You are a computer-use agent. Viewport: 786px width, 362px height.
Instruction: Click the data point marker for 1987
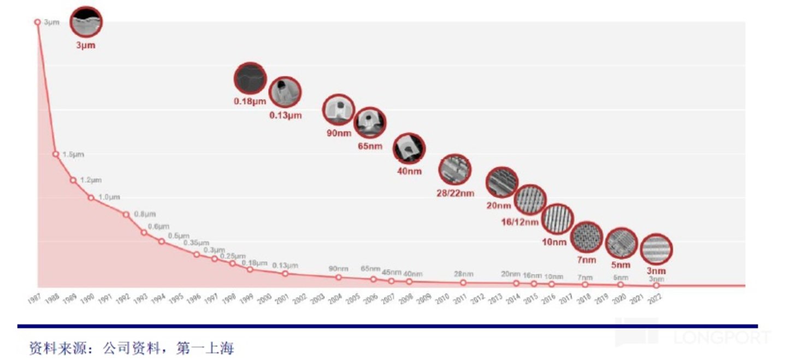38,22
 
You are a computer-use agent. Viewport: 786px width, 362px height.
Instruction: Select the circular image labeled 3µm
86,22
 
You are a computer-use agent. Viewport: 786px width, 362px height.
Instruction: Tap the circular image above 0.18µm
250,79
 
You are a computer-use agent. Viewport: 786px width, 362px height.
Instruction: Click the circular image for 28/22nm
454,170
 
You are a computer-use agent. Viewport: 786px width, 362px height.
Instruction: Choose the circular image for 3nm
655,249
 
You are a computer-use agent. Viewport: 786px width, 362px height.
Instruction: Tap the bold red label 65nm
370,146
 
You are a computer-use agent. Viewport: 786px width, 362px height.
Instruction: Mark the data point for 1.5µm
56,154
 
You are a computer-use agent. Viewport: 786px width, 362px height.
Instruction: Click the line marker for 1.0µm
91,198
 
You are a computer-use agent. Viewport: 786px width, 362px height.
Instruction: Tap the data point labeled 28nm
463,282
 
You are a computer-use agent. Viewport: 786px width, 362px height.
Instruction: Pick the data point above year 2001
285,273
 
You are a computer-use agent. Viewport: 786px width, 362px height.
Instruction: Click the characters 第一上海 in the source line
204,347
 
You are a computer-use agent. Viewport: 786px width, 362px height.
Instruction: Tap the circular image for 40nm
409,149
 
